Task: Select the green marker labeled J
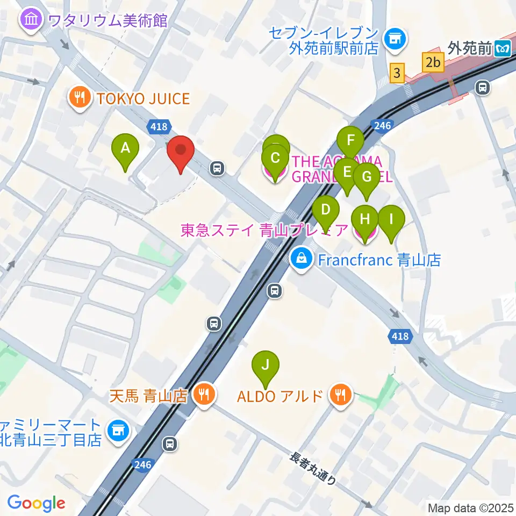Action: click(x=265, y=365)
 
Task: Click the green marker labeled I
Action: click(x=391, y=220)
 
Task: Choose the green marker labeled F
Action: click(x=351, y=141)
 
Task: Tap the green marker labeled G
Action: click(x=367, y=177)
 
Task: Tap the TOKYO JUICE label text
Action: click(x=143, y=98)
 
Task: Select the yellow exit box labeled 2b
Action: click(x=433, y=62)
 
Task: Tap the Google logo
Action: click(x=36, y=503)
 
